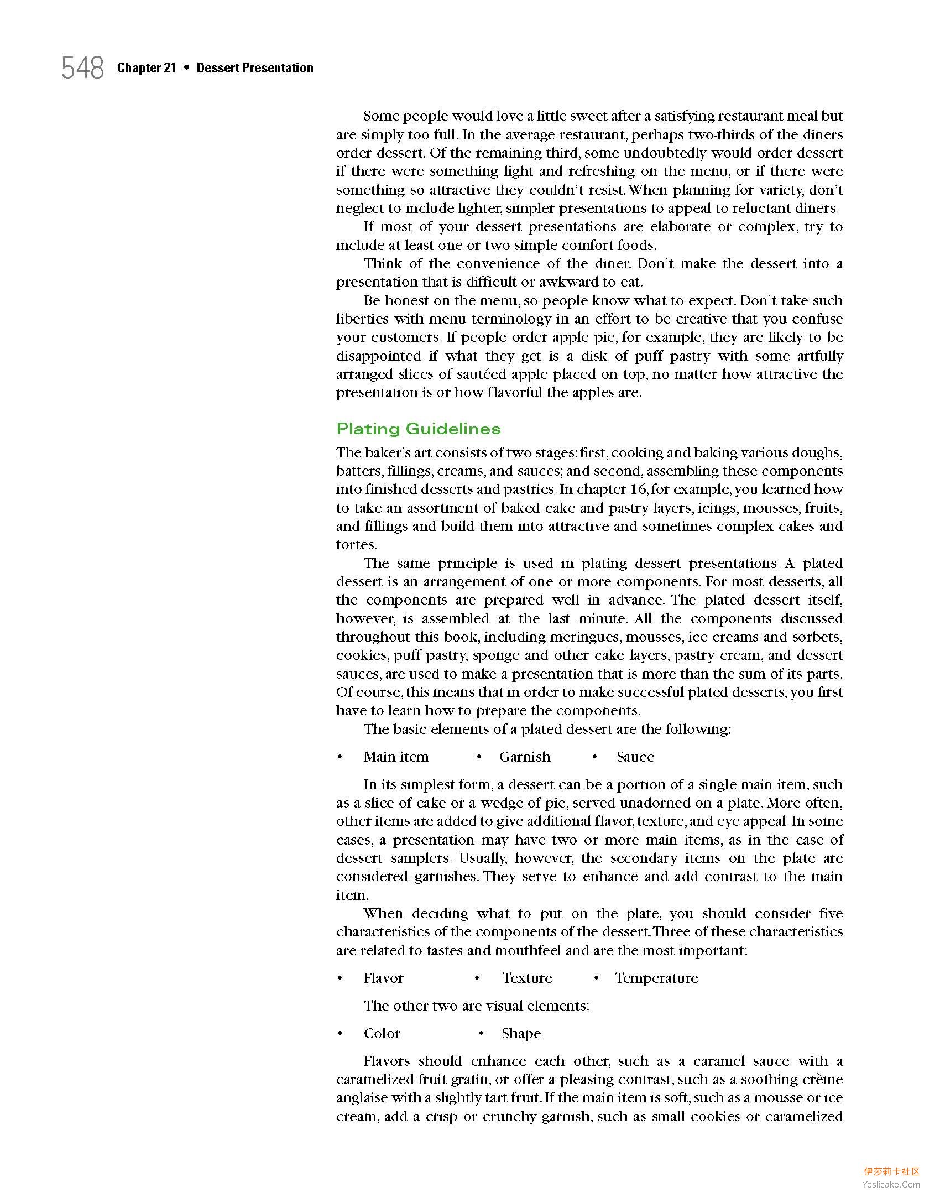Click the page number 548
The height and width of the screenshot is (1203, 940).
click(x=82, y=69)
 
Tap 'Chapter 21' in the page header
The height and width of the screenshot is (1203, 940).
click(x=146, y=68)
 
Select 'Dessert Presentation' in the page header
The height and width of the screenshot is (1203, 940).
click(x=255, y=68)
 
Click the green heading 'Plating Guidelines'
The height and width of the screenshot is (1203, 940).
click(x=419, y=429)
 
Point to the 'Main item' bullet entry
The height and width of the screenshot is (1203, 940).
click(x=396, y=757)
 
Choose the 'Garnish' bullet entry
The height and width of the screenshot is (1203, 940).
click(x=525, y=757)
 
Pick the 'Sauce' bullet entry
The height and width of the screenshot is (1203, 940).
click(x=635, y=757)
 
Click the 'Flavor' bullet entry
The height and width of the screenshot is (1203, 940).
click(x=383, y=978)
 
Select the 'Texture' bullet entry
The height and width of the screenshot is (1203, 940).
click(x=527, y=978)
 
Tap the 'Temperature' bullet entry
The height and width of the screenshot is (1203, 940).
click(x=656, y=978)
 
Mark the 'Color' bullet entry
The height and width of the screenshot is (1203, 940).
click(x=382, y=1033)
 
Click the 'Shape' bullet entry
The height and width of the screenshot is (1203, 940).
click(x=521, y=1033)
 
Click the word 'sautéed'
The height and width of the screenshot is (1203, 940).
click(x=482, y=374)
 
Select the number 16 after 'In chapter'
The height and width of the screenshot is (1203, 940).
click(x=638, y=489)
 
